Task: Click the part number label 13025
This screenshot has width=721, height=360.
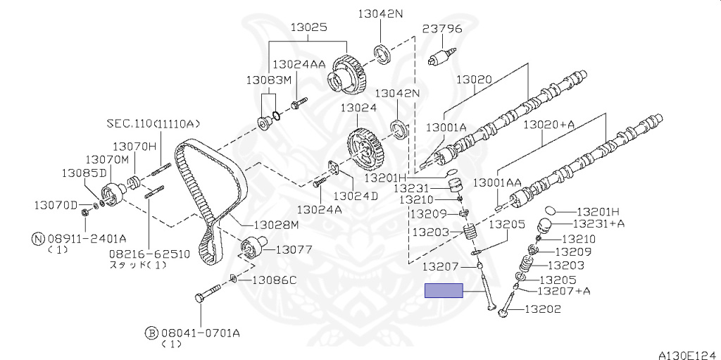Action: (308, 27)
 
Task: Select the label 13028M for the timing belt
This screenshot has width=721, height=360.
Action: (275, 225)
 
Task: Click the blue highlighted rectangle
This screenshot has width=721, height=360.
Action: (444, 291)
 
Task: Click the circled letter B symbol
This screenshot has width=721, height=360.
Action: (151, 333)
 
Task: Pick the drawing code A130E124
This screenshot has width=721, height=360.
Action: (689, 355)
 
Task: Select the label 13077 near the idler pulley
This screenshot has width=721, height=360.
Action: (294, 249)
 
